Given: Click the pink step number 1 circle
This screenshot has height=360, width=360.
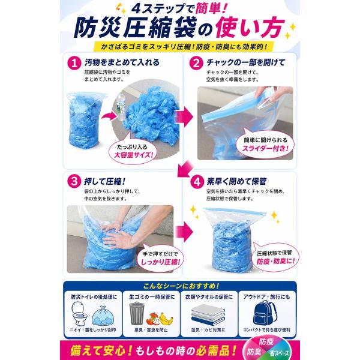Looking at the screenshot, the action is tap(74, 63).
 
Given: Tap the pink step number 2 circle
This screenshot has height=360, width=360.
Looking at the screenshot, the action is tap(196, 63).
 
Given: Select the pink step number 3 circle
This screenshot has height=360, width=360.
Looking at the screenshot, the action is tap(74, 181).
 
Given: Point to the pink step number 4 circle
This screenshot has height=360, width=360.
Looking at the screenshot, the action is tap(197, 182).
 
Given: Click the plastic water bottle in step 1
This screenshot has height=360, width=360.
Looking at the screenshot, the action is tap(121, 107).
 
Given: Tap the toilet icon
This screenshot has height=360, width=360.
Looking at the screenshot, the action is tap(79, 313).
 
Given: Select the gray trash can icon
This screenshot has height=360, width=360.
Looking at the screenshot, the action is tap(137, 313).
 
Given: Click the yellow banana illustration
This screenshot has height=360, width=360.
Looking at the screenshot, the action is tap(166, 319).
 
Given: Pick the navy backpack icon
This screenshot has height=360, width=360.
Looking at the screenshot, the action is tap(265, 313).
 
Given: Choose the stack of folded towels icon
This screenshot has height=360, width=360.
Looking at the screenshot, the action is tap(208, 314).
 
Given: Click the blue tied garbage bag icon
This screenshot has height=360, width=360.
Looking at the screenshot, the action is tap(103, 316).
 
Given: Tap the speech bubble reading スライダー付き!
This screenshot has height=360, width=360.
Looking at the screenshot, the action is tap(265, 144).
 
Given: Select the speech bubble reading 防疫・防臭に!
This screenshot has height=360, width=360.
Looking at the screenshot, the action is tap(275, 257).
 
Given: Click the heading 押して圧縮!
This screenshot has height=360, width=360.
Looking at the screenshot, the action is tap(105, 181).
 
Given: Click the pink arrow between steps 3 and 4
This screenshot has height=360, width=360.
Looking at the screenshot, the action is tap(184, 232).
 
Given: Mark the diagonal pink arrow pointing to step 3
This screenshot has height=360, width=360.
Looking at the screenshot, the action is tap(186, 169).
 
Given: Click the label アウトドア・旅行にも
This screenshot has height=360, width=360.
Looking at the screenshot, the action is tap(266, 297).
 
